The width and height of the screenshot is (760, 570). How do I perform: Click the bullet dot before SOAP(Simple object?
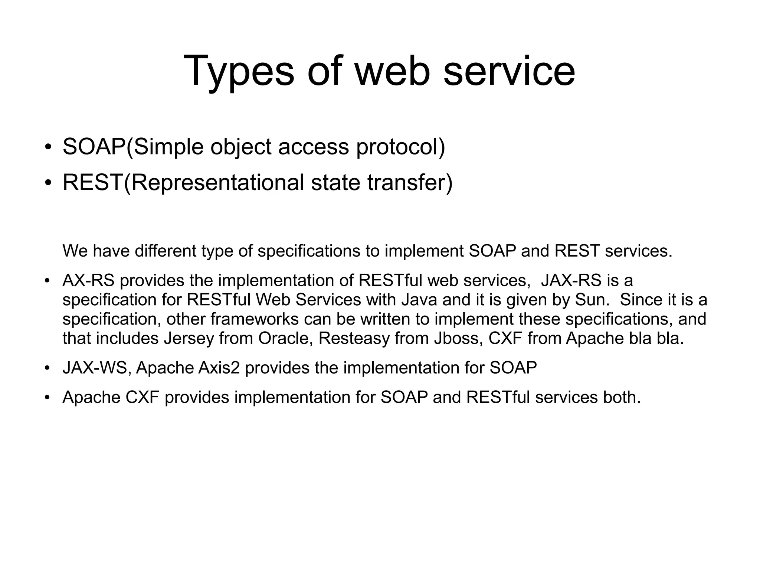[47, 147]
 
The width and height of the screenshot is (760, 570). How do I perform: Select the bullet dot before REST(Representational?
[47, 183]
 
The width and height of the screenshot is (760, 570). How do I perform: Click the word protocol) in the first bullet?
[400, 147]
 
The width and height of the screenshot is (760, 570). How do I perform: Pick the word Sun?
[592, 300]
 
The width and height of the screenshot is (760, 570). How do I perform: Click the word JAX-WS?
[97, 368]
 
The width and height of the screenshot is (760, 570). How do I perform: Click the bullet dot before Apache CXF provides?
[47, 398]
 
